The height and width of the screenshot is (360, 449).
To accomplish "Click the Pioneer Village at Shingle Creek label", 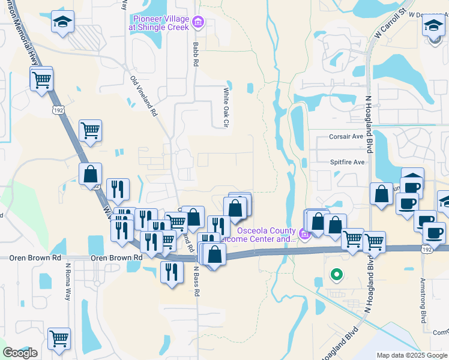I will tap(161, 23).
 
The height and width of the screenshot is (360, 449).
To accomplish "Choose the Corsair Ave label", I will tap(346, 136).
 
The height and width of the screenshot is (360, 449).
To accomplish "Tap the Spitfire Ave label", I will tap(347, 162).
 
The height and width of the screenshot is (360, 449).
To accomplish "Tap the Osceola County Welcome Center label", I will tap(266, 235).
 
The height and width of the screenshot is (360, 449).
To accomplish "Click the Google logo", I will tap(20, 352).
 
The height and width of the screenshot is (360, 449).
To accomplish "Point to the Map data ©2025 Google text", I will tap(412, 355).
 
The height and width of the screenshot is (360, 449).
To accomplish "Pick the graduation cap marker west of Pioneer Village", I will tap(62, 22).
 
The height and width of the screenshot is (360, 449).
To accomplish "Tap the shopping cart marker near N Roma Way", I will tap(59, 339).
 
